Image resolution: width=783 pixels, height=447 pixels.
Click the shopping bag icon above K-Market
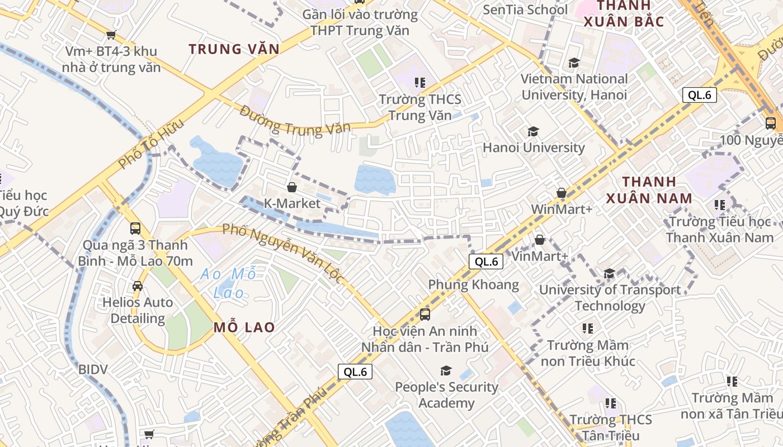(291, 187)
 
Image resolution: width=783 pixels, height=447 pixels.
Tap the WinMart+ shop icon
(562, 193)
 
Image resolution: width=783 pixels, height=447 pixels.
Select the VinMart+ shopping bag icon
(540, 240)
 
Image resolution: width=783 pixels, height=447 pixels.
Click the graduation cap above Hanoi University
(533, 131)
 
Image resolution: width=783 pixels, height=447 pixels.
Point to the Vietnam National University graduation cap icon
(574, 63)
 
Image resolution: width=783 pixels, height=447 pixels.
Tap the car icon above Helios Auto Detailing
(138, 286)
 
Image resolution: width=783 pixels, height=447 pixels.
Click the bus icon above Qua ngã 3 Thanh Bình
(135, 229)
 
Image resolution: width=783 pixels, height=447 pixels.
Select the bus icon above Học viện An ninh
(424, 315)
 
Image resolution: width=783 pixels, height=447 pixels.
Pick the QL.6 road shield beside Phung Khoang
(485, 261)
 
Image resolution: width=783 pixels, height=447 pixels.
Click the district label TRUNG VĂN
(234, 49)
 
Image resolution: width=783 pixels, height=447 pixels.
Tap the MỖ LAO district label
(244, 327)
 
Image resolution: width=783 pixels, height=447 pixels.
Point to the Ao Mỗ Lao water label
(229, 283)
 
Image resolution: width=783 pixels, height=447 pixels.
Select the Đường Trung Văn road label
(295, 120)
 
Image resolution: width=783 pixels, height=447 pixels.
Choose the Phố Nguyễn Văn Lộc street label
(282, 253)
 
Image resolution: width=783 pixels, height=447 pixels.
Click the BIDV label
(93, 369)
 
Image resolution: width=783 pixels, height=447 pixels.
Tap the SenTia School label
(525, 9)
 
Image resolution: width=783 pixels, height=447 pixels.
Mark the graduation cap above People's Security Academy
(446, 370)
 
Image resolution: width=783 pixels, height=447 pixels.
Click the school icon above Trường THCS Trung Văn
(420, 83)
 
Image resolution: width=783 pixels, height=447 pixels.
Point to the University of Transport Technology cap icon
(609, 273)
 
